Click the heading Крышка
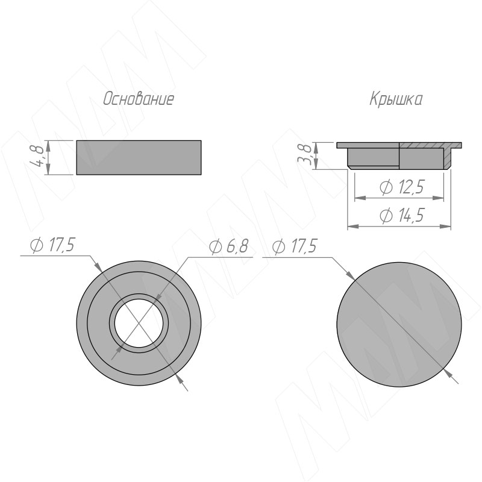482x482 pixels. pos(396,99)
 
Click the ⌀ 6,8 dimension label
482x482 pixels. pos(228,246)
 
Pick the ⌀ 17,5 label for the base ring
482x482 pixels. pos(55,246)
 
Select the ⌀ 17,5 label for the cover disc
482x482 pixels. pos(295,246)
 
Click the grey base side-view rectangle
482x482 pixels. pos(138,157)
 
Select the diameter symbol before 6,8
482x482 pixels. pos(215,246)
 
